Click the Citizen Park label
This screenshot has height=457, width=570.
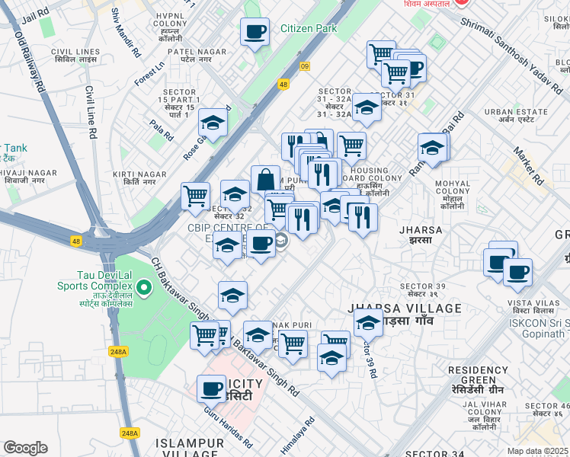coord(308,28)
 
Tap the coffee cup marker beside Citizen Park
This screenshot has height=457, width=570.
coord(255,32)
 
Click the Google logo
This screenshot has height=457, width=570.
coord(25,448)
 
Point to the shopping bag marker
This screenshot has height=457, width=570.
coord(265,180)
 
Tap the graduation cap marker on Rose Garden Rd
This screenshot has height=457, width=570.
coord(214,122)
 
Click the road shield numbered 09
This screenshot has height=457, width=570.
coord(305,66)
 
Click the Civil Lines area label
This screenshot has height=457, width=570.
coord(72,56)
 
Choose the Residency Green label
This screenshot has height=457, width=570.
coord(478,374)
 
